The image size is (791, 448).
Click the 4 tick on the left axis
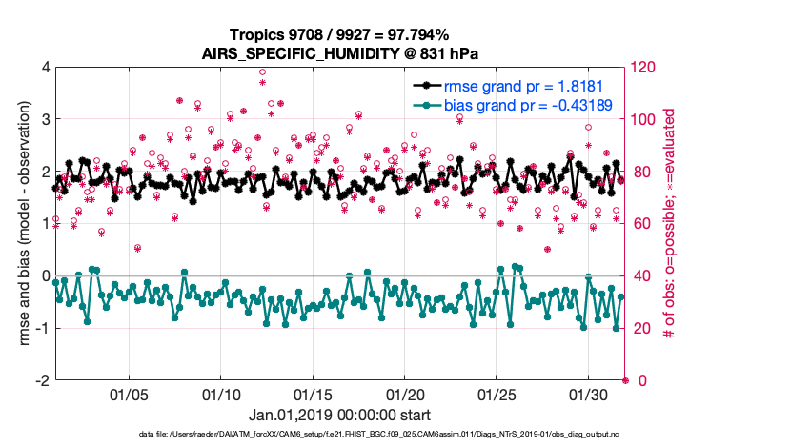click(44, 68)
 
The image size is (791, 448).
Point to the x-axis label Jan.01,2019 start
click(339, 415)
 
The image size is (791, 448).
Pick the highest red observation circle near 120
click(262, 72)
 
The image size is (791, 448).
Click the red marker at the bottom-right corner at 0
click(625, 380)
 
